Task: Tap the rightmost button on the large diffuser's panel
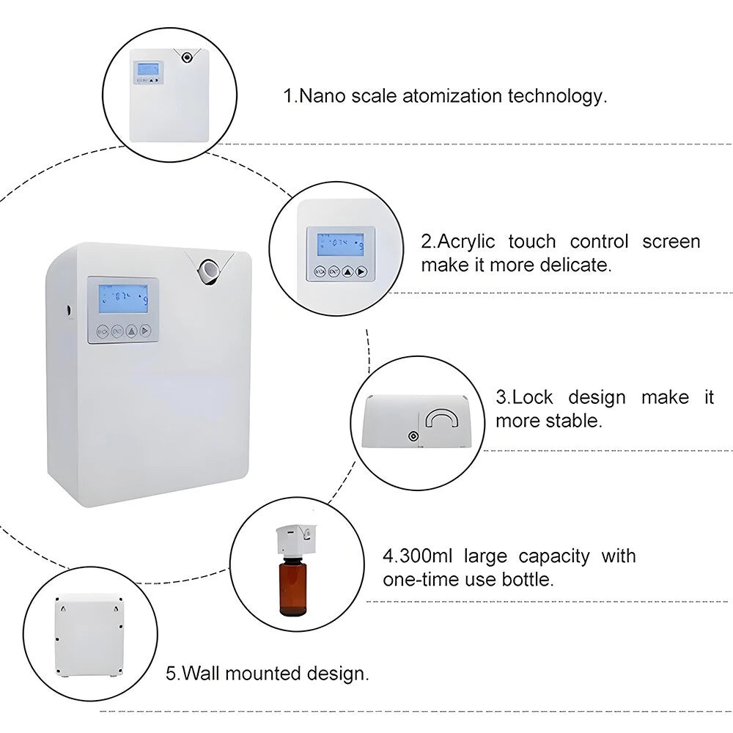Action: click(x=147, y=331)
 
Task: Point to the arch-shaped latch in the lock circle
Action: click(x=443, y=419)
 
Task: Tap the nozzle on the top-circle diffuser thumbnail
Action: click(x=188, y=58)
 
